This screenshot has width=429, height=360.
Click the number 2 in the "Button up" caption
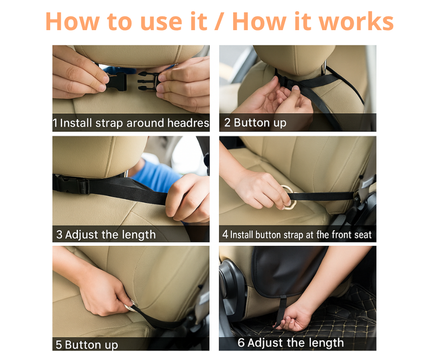(x=227, y=123)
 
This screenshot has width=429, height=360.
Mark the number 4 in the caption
(x=225, y=235)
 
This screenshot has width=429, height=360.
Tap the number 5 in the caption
(x=58, y=344)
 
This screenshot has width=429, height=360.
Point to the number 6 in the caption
(x=241, y=343)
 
